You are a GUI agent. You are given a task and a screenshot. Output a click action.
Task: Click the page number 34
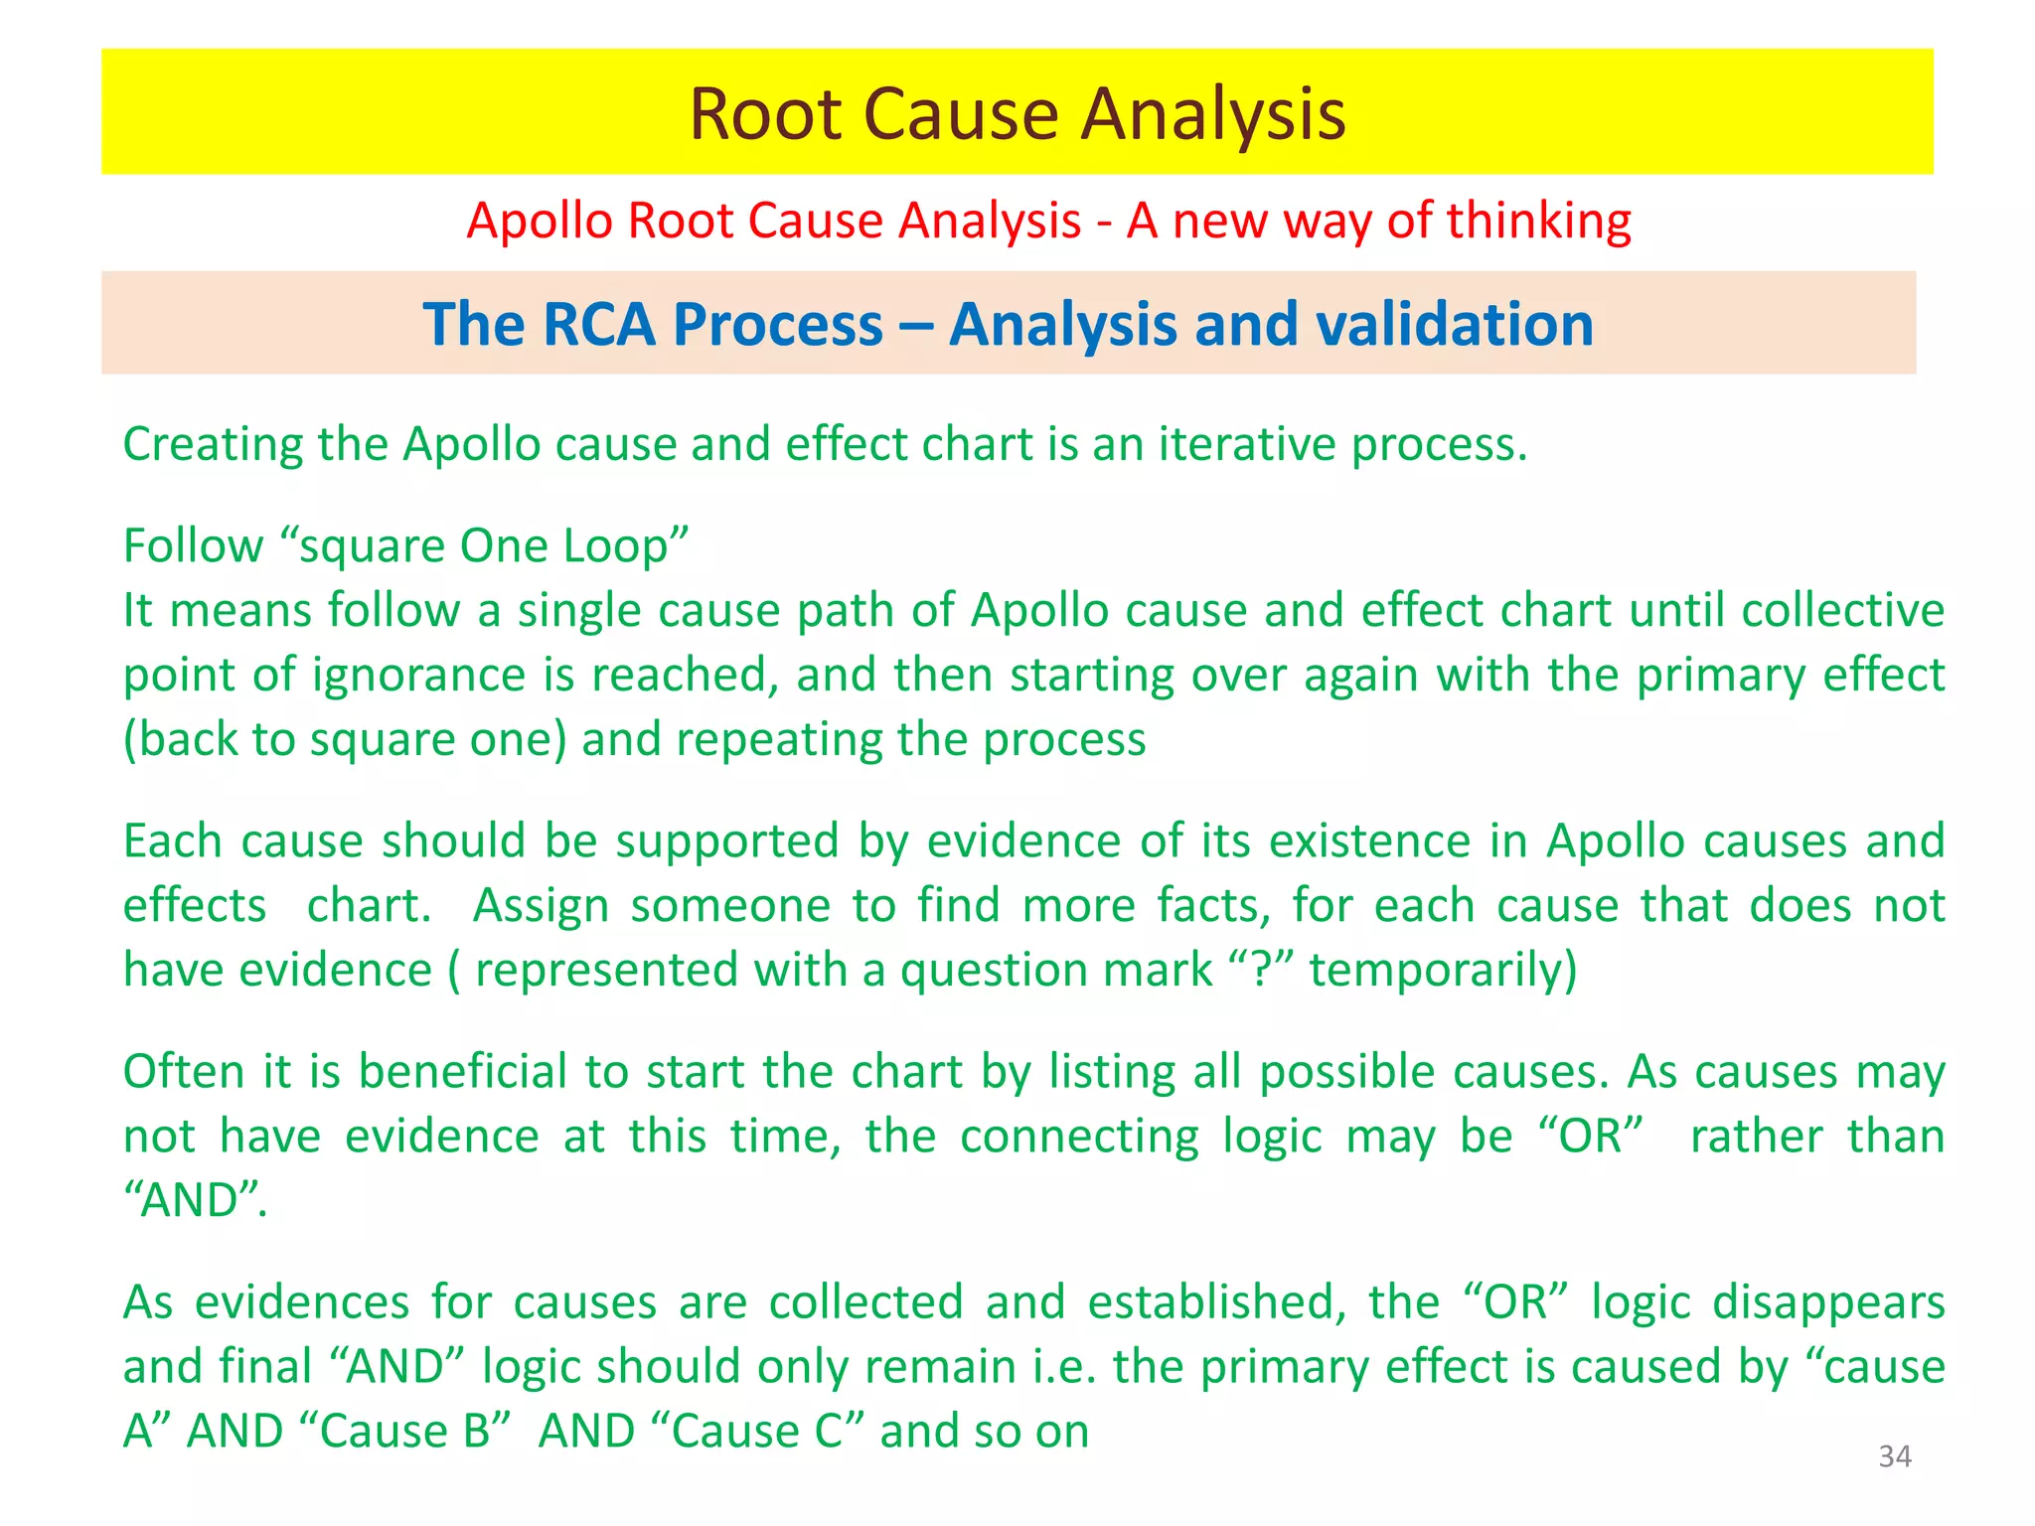(1894, 1456)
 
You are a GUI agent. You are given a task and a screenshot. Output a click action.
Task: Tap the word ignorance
(418, 676)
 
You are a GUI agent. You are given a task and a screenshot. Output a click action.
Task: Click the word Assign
(541, 906)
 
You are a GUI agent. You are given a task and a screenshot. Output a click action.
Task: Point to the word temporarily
(1443, 971)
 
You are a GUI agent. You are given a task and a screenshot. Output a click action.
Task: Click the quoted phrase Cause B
(404, 1432)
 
